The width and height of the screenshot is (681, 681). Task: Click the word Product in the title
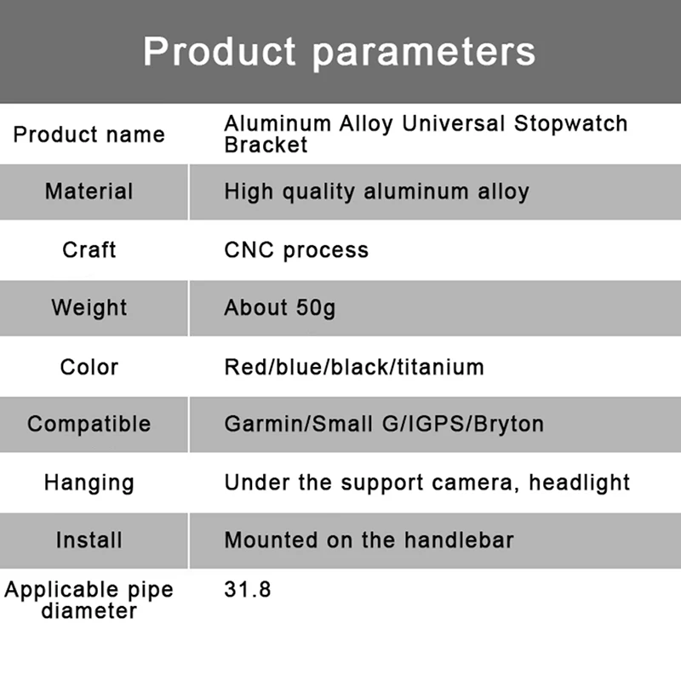[220, 51]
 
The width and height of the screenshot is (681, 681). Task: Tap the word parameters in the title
[424, 54]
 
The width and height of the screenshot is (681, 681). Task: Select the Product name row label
[89, 134]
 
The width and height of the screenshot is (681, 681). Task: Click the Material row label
[89, 191]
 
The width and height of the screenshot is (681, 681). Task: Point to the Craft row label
[89, 249]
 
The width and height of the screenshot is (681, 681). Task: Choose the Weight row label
[89, 308]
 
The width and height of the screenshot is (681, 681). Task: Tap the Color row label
[89, 367]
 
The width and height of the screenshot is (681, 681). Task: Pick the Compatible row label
[89, 424]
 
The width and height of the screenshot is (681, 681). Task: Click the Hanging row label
[89, 483]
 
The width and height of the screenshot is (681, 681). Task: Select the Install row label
[89, 541]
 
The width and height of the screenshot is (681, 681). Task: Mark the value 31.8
[248, 590]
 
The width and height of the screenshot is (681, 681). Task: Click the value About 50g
[280, 308]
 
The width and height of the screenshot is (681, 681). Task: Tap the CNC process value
[296, 250]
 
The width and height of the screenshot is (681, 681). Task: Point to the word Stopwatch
[570, 123]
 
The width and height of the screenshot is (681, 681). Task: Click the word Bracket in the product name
[266, 145]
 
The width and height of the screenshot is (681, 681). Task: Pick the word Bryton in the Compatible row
[508, 424]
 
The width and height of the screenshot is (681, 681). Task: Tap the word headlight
[580, 483]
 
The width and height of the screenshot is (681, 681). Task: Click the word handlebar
[459, 541]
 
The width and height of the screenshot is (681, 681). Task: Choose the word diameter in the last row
[89, 610]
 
